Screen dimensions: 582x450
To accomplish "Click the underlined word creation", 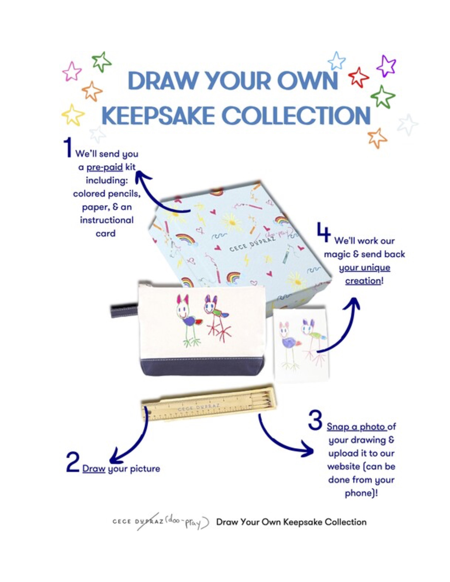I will coord(363,281).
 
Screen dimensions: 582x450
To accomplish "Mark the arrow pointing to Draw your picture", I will coord(133,442).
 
